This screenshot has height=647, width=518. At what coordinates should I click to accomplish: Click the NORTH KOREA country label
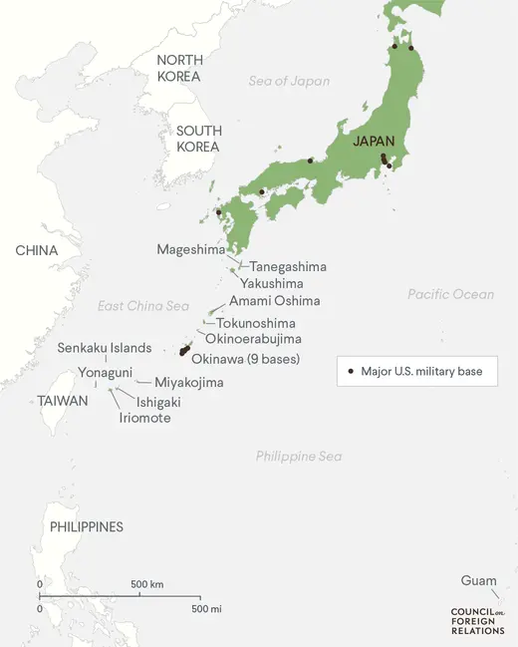179,68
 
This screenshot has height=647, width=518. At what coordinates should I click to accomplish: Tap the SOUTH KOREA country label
198,139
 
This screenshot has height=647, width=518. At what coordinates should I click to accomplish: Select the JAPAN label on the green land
374,142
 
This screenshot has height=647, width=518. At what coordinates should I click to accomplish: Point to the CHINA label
36,250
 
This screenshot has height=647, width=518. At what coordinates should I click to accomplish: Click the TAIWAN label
63,401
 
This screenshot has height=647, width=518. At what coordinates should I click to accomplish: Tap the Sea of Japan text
289,82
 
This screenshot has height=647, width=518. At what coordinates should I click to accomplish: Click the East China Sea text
142,306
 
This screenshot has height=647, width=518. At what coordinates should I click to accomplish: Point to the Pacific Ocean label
450,294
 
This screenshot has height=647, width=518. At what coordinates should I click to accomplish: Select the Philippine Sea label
298,457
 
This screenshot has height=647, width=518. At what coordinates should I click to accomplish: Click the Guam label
478,581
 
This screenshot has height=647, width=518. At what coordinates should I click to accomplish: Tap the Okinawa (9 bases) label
245,359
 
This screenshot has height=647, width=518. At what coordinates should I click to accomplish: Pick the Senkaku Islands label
104,348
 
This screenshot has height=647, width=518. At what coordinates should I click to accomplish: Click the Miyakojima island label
188,382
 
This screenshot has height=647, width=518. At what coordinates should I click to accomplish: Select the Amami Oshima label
275,301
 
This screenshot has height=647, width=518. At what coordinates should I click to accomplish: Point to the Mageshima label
190,249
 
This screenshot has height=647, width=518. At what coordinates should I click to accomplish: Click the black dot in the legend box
351,372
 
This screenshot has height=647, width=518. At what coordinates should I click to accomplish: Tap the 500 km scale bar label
146,584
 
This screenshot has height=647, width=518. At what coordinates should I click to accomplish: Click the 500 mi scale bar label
206,608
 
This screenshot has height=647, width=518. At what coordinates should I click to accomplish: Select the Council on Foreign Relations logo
477,620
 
